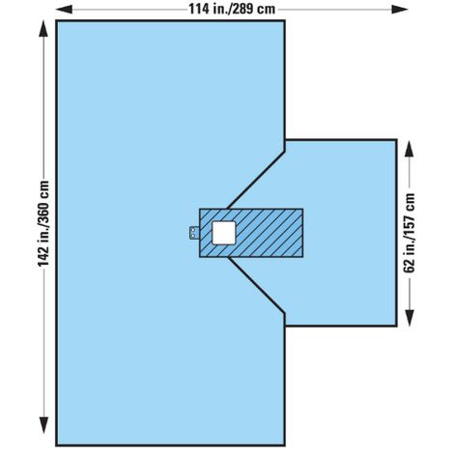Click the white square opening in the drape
pyautogui.click(x=224, y=233)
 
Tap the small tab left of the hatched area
pyautogui.click(x=194, y=233)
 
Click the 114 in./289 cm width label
pyautogui.click(x=232, y=9)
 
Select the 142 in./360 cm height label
pyautogui.click(x=43, y=223)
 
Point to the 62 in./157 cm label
pyautogui.click(x=410, y=233)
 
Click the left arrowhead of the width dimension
pyautogui.click(x=64, y=10)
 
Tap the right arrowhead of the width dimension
pyautogui.click(x=400, y=10)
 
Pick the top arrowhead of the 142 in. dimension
pyautogui.click(x=43, y=28)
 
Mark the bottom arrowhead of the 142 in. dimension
pyautogui.click(x=43, y=425)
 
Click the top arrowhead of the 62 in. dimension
pyautogui.click(x=409, y=149)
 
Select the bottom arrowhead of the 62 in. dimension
pyautogui.click(x=409, y=318)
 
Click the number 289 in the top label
pyautogui.click(x=243, y=9)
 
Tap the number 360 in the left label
pyautogui.click(x=43, y=205)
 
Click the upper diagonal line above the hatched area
pyautogui.click(x=256, y=180)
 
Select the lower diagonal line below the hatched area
pyautogui.click(x=256, y=285)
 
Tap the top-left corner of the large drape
pyautogui.click(x=57, y=21)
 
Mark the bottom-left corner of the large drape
pyautogui.click(x=57, y=445)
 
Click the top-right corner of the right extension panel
pyautogui.click(x=396, y=140)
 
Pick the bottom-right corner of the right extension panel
pyautogui.click(x=396, y=326)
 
